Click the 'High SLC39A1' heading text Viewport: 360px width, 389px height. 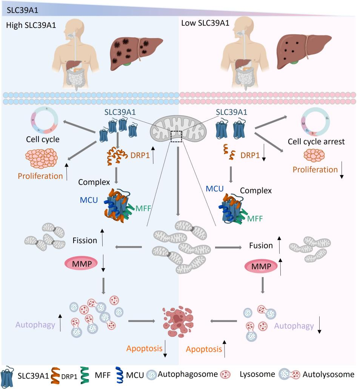click(x=31, y=25)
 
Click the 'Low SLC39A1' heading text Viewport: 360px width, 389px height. click(x=205, y=23)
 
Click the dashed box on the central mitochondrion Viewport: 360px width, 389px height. click(x=176, y=136)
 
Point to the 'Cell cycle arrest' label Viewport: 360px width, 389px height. click(x=316, y=142)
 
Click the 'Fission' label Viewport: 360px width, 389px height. click(x=85, y=240)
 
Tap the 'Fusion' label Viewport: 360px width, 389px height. click(x=261, y=246)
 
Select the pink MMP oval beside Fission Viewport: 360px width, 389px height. click(x=82, y=264)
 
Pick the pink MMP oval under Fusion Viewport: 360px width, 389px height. click(x=261, y=266)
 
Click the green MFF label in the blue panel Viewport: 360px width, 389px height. click(x=143, y=208)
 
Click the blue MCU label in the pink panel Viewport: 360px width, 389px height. click(x=215, y=189)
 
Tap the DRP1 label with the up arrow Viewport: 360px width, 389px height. click(x=140, y=155)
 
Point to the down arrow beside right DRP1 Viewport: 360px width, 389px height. click(x=264, y=156)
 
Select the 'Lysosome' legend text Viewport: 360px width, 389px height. click(x=257, y=374)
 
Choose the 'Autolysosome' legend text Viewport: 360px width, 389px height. click(x=328, y=374)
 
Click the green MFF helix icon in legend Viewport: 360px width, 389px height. click(x=85, y=375)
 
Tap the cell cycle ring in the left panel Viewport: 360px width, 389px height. click(x=45, y=121)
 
